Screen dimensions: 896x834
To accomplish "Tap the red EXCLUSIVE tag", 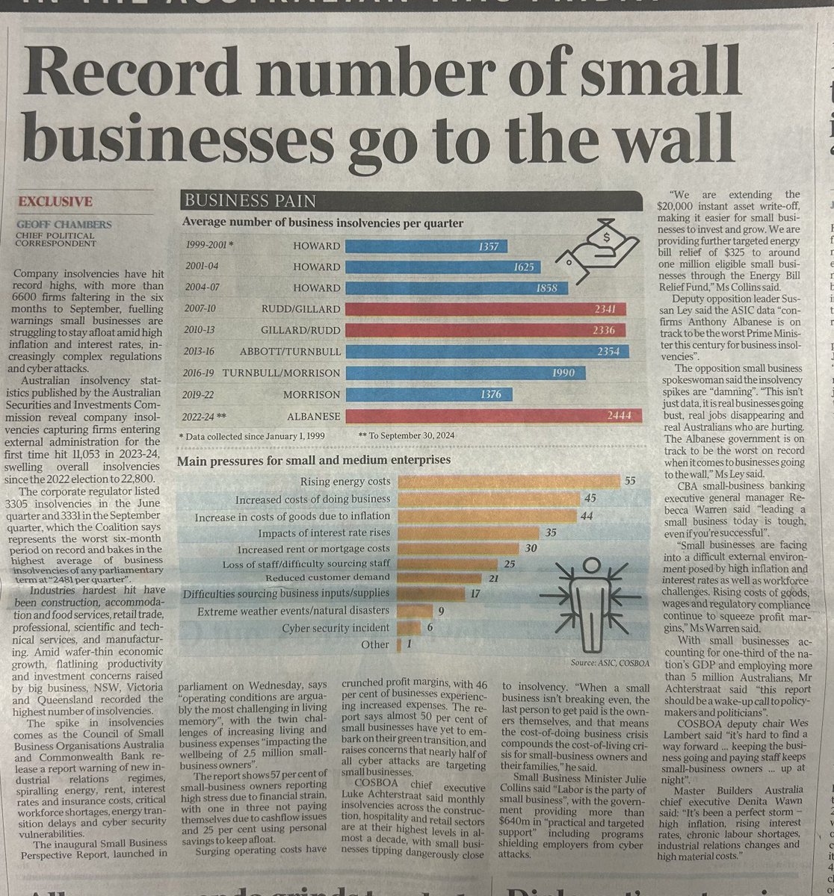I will [56, 202].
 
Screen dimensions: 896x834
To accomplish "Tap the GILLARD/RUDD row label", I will [300, 331].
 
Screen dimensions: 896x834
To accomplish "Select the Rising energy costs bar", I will [508, 481].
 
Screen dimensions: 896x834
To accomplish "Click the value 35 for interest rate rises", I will [552, 533].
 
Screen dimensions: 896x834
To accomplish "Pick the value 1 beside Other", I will [410, 644].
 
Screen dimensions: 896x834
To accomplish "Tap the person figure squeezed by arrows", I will [590, 597].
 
